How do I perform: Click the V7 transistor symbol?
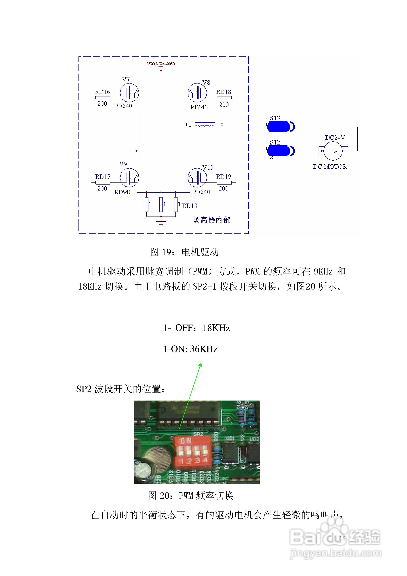[129, 92]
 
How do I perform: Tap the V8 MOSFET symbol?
[197, 92]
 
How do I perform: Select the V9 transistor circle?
[129, 177]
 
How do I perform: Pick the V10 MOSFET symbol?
[197, 177]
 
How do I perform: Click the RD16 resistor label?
[102, 92]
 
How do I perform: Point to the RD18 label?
[224, 92]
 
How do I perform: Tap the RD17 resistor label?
[103, 177]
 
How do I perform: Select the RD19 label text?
[224, 177]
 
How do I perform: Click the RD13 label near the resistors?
[189, 206]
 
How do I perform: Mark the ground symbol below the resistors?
[161, 222]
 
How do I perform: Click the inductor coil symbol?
[205, 125]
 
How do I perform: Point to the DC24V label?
[335, 138]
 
